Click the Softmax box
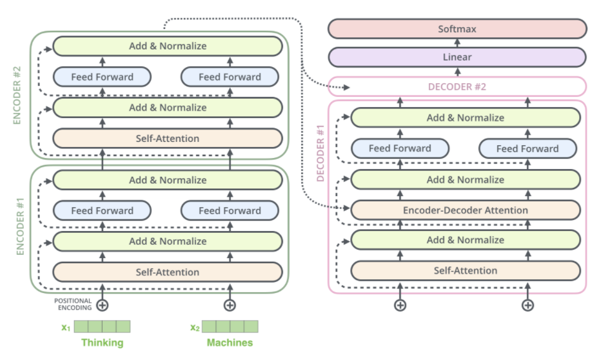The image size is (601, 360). coord(457,29)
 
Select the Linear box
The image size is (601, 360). coord(457,57)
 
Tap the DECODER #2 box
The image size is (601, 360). coord(457,86)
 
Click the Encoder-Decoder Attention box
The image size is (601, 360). coord(464,210)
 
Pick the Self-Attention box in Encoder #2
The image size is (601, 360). coord(168,138)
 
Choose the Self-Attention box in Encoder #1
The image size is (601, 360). coord(168,272)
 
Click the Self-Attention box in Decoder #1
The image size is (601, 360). coord(464,270)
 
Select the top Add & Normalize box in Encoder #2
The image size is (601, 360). coord(168,46)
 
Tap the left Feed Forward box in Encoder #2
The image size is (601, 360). coord(102,77)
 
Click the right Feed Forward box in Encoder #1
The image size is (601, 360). coord(230,210)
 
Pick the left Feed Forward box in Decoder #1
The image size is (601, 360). coord(400,148)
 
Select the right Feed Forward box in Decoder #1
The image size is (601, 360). coord(527,148)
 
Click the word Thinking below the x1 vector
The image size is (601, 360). coord(102,343)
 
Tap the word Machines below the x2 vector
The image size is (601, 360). coord(230,343)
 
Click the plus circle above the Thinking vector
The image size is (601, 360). coord(102,305)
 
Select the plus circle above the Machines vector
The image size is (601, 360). coord(230,305)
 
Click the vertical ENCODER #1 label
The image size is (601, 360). coord(19,229)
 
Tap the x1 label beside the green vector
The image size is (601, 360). coord(65,327)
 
